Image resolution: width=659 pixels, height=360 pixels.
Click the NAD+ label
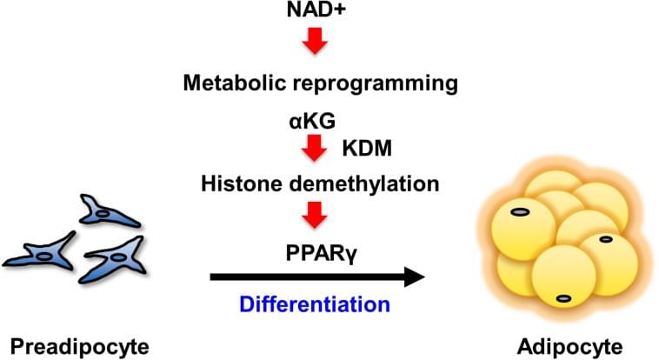click(x=316, y=10)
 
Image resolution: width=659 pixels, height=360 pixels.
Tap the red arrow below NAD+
click(x=316, y=41)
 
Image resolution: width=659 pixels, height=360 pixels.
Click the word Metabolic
click(x=234, y=83)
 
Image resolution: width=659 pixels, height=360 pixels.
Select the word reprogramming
click(x=376, y=84)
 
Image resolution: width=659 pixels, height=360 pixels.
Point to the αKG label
click(x=312, y=122)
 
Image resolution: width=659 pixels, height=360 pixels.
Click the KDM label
click(x=367, y=148)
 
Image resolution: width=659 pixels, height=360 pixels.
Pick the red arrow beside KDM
click(x=315, y=148)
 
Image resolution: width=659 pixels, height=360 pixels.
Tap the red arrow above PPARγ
click(x=315, y=215)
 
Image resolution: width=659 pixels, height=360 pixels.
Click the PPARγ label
click(x=322, y=254)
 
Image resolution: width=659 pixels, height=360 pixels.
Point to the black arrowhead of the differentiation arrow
click(x=415, y=277)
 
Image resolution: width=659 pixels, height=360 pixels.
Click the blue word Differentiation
click(x=315, y=304)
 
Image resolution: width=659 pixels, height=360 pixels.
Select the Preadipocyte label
click(x=79, y=348)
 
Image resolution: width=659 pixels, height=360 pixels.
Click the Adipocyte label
click(x=570, y=348)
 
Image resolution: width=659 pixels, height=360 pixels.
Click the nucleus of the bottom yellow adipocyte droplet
click(x=563, y=298)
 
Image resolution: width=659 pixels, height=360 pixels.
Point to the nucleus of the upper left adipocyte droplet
click(x=520, y=212)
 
